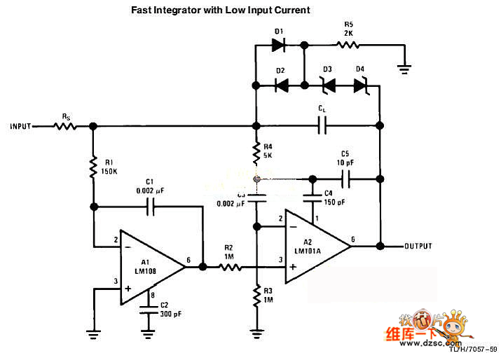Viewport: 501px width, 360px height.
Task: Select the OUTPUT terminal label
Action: point(418,247)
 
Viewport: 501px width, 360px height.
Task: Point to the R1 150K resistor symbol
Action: point(92,166)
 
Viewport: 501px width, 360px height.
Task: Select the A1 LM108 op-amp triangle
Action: point(151,267)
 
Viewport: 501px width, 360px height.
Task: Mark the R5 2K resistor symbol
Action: point(348,46)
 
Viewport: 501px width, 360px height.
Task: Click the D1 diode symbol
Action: point(278,46)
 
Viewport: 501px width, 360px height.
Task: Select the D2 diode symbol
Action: point(281,85)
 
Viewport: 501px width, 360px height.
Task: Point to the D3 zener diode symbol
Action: point(327,85)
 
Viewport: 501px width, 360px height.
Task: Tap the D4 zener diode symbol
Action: point(360,85)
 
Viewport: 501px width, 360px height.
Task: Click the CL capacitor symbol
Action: point(322,127)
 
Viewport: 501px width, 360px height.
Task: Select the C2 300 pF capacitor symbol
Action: point(147,309)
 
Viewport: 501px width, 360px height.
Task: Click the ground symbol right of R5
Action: point(404,67)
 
